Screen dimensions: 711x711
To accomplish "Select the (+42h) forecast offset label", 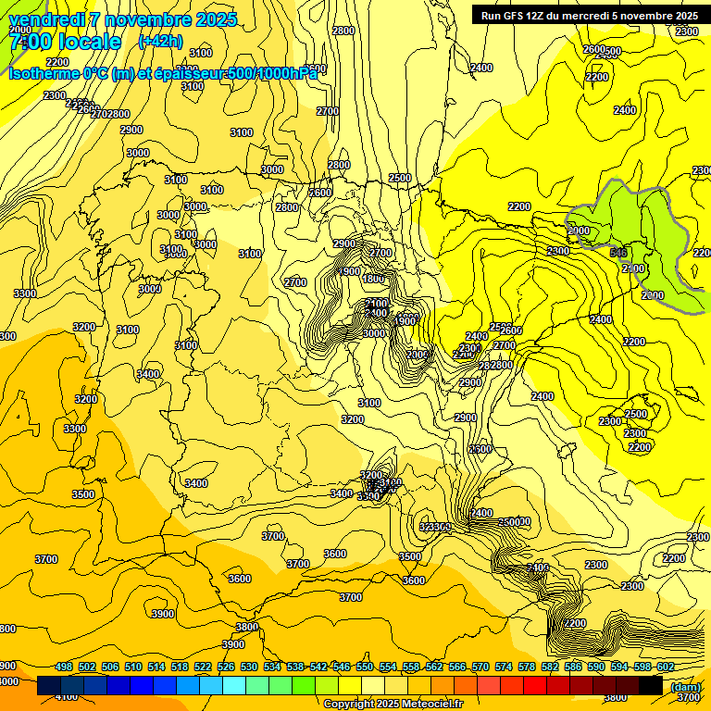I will [160, 41].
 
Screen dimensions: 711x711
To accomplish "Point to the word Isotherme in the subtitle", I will [43, 73].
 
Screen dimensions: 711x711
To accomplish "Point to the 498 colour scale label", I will [64, 667].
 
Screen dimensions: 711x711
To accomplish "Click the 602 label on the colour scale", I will [665, 667].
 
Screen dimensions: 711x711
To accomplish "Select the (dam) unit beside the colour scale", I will [685, 686].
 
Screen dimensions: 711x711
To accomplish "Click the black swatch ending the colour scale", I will [651, 686].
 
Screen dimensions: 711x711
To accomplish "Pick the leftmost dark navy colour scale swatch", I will [49, 686].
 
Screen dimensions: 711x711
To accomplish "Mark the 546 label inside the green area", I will [619, 252].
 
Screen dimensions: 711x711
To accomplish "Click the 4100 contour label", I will [67, 696].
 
